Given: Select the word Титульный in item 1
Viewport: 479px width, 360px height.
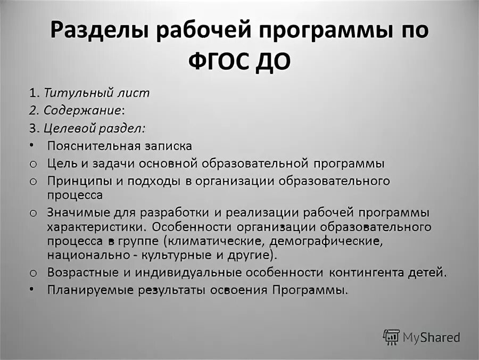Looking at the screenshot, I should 75,93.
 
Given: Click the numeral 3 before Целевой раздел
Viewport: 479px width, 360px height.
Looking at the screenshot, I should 32,129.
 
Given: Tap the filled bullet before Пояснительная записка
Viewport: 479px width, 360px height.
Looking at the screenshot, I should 32,145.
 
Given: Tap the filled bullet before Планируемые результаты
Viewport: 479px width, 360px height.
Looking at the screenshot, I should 32,290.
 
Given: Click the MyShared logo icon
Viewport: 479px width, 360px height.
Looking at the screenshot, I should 391,337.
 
